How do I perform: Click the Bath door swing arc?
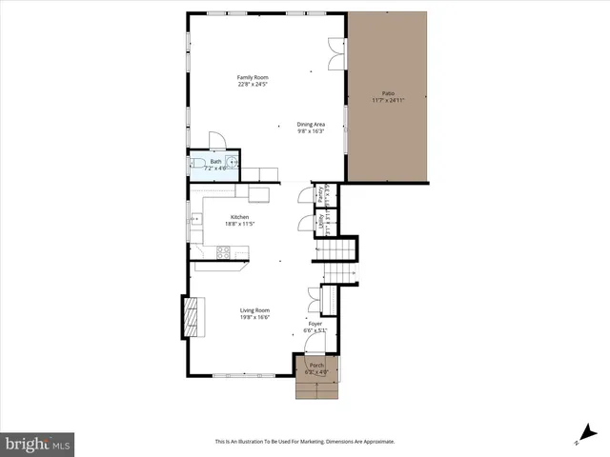tap(216, 140)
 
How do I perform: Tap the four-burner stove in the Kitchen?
tap(224, 252)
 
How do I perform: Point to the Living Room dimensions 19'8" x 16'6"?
tap(254, 317)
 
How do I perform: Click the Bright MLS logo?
tap(38, 444)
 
